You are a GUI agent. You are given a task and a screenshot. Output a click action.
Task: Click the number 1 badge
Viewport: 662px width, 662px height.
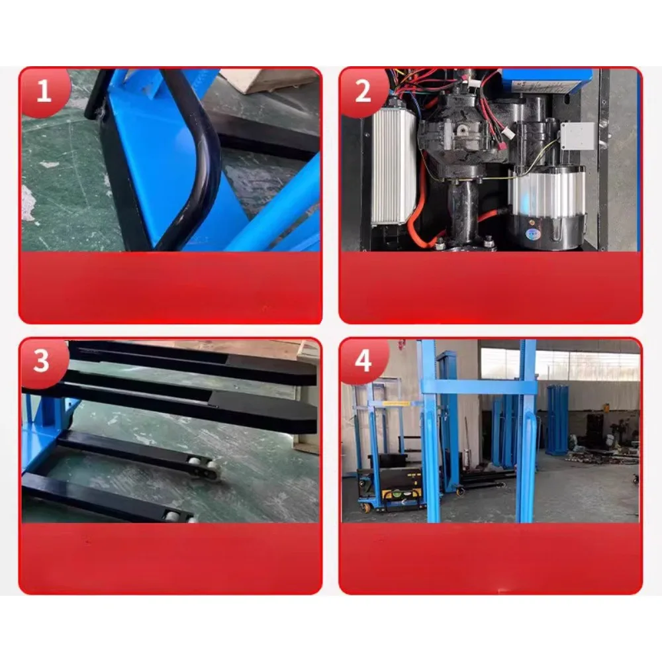(44, 91)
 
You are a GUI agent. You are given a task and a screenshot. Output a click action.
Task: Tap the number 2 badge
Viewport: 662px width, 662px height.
(363, 91)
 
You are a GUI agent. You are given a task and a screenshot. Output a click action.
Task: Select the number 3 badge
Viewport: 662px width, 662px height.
(42, 361)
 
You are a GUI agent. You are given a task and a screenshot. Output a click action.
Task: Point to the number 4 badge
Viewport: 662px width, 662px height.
(363, 361)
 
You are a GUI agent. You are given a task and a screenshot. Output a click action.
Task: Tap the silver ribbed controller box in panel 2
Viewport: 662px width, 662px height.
(389, 169)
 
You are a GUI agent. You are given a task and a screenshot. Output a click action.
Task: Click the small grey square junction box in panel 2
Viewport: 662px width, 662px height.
(578, 136)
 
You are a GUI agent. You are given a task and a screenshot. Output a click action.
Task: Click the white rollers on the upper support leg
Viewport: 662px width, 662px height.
(203, 468)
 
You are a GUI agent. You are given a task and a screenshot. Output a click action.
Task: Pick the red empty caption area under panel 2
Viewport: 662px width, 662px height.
(491, 287)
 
